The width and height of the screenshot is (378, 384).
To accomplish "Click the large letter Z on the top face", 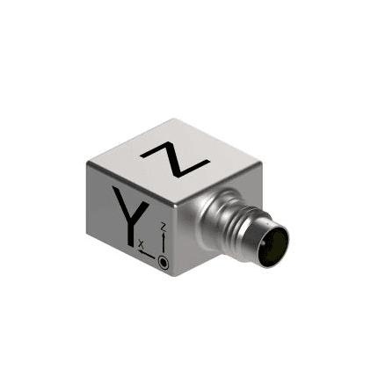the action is [x=175, y=159].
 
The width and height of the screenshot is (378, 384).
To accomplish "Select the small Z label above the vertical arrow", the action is [x=164, y=227].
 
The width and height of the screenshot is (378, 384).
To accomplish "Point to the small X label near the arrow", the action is [x=142, y=243].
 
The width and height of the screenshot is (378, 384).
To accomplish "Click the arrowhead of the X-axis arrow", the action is [x=141, y=251].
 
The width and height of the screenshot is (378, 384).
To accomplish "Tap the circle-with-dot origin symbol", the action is [x=163, y=262].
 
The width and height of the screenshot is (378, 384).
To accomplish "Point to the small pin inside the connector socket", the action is [x=265, y=243].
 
